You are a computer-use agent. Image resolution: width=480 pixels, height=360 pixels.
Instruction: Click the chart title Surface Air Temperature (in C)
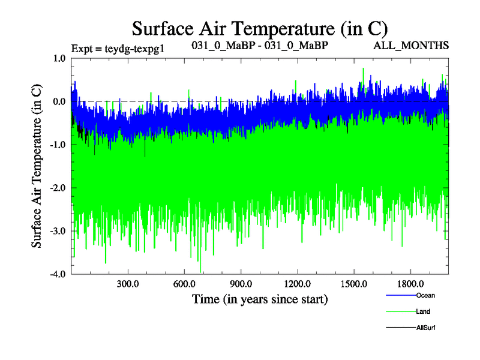[260, 29]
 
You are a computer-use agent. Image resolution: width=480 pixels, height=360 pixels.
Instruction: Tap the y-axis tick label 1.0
[59, 58]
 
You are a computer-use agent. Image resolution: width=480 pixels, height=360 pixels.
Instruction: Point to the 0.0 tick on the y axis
[59, 101]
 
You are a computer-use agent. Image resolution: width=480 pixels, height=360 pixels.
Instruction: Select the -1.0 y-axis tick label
[58, 145]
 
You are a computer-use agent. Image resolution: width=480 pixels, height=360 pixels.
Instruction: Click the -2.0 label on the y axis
[58, 188]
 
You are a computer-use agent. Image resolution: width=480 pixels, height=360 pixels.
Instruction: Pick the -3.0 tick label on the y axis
[58, 231]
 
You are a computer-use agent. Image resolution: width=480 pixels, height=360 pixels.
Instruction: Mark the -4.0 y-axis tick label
[58, 274]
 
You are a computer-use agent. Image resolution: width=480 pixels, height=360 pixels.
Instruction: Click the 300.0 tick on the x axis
[128, 283]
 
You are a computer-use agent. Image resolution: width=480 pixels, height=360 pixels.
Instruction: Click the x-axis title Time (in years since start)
[260, 298]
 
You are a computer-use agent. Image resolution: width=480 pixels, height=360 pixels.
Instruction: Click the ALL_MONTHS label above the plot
[419, 46]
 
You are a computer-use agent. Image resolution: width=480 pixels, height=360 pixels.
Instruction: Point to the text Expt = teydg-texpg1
[117, 48]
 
